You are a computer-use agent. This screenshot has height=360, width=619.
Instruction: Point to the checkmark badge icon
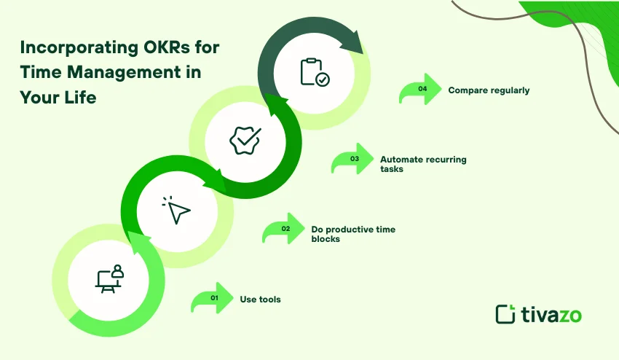[x=245, y=139]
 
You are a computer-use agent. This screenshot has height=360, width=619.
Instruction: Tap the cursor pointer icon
[x=177, y=211]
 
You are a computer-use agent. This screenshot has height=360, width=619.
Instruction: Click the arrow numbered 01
[x=212, y=299]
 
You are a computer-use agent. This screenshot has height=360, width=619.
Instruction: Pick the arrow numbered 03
[x=352, y=158]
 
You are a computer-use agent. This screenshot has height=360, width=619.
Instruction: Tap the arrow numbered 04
[x=420, y=90]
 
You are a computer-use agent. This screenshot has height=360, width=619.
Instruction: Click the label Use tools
[x=260, y=300]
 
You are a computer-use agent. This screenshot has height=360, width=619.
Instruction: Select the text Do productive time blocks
[x=353, y=234]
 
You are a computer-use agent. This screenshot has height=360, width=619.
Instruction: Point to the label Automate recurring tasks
[x=423, y=163]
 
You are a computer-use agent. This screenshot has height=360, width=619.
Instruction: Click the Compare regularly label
[x=489, y=90]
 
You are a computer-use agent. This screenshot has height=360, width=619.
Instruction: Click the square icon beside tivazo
[x=505, y=314]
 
